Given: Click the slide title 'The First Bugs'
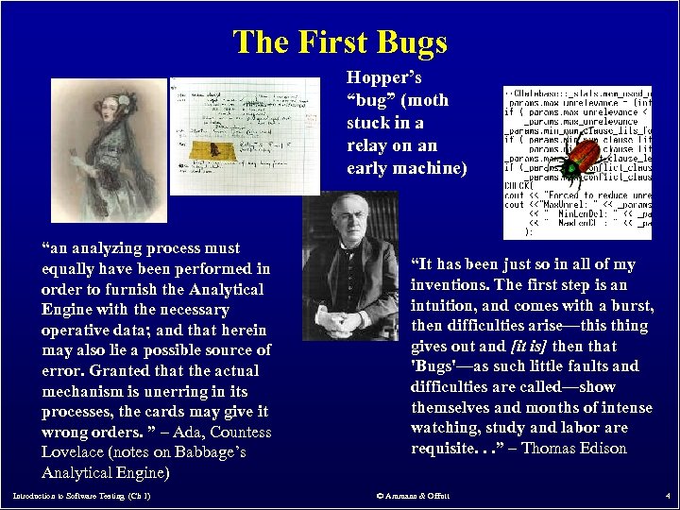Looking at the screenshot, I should (x=340, y=42).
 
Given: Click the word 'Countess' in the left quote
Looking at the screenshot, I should (x=240, y=433).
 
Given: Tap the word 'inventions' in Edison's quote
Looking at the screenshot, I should (x=448, y=284).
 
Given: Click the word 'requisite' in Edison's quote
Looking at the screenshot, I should (x=443, y=448).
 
